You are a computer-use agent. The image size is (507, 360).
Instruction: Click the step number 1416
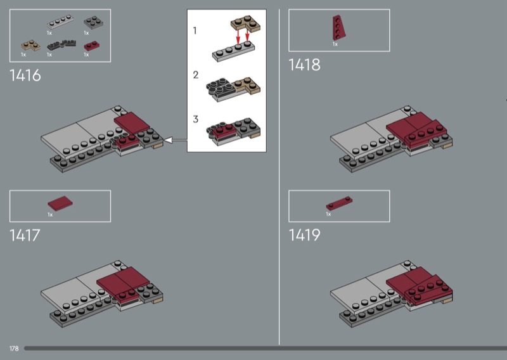[25, 75]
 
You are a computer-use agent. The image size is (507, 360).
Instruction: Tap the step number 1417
[25, 235]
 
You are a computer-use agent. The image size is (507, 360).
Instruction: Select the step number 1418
[304, 65]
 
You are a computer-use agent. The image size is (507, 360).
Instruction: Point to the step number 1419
[304, 235]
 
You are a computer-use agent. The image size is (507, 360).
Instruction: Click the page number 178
[14, 349]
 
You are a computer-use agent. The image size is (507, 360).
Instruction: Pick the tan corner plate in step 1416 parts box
[30, 45]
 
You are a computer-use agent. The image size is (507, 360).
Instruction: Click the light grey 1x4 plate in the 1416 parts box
[60, 22]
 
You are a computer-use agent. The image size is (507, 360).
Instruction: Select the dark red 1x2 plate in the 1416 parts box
[92, 46]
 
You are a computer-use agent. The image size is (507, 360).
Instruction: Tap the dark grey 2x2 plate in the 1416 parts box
[93, 22]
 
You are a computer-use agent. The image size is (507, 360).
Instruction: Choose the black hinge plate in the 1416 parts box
[61, 45]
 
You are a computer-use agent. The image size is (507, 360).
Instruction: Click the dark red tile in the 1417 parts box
[60, 203]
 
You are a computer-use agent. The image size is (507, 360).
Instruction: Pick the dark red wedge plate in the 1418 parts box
[338, 28]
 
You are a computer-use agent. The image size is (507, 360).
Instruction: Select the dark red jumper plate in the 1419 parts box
[339, 203]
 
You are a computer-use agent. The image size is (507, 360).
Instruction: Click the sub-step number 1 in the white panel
[195, 30]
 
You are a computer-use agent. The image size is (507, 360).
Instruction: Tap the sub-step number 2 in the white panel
[196, 75]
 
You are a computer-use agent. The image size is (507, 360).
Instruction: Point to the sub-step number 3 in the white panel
[196, 119]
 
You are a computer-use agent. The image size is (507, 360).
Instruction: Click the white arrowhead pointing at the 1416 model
[169, 140]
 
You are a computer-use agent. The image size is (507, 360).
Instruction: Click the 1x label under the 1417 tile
[50, 215]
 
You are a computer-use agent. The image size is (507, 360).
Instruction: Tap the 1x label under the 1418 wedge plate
[335, 44]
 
